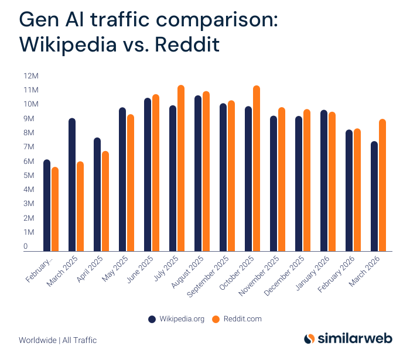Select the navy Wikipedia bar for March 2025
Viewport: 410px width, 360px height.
click(x=72, y=185)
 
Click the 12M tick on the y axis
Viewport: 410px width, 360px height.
click(x=30, y=76)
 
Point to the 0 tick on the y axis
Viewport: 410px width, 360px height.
click(x=26, y=247)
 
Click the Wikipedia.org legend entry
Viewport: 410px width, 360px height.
click(x=175, y=319)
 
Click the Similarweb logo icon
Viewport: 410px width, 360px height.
click(x=310, y=339)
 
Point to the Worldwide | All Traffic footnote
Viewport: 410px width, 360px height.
click(x=57, y=340)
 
